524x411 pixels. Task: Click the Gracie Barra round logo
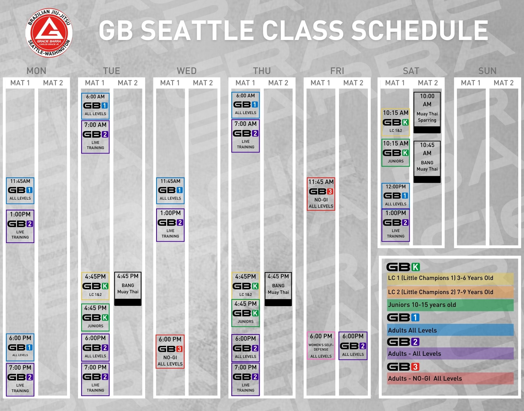point(49,33)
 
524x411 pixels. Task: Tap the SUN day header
point(487,71)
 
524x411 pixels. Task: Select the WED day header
point(187,71)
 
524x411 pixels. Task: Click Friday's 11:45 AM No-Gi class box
point(321,194)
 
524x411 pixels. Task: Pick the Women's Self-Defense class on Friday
point(321,346)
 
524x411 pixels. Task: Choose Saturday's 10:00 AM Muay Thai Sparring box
point(427,112)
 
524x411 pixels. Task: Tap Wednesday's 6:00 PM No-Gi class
point(170,352)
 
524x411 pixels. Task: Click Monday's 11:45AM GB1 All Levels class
point(20,191)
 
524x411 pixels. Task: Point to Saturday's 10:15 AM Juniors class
point(396,153)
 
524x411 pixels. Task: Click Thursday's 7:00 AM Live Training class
point(245,136)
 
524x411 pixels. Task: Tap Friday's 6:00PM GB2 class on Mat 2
point(353,346)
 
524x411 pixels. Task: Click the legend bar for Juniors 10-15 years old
point(450,305)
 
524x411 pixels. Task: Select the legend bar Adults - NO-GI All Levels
point(450,379)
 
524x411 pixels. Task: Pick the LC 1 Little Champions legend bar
point(450,278)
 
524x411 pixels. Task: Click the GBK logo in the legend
point(403,267)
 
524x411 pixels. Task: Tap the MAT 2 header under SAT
point(428,83)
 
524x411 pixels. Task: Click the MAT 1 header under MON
point(20,83)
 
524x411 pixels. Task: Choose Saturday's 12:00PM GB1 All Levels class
point(396,196)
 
